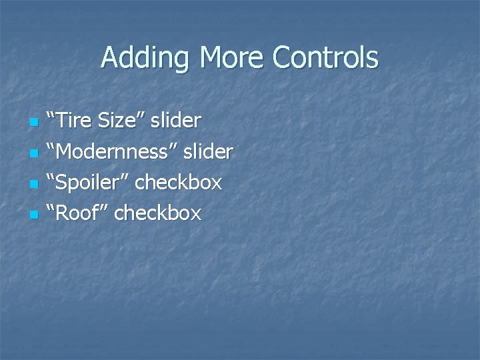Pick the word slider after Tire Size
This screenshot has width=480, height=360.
(x=175, y=121)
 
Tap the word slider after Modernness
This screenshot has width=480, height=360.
(x=207, y=151)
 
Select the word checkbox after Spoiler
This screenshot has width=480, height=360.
(x=178, y=182)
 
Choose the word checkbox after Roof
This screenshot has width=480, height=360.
(x=157, y=213)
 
